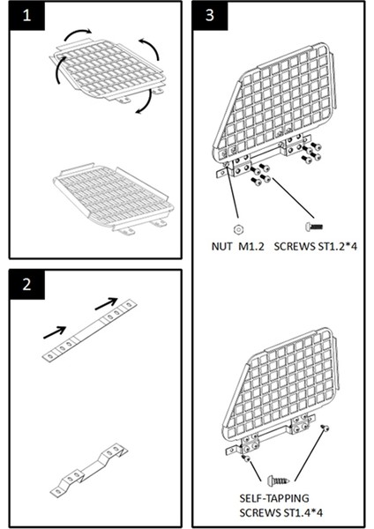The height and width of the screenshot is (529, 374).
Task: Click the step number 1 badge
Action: pyautogui.click(x=26, y=15)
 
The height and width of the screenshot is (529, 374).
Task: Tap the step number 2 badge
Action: pyautogui.click(x=26, y=284)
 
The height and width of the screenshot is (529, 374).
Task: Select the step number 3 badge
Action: pyautogui.click(x=210, y=15)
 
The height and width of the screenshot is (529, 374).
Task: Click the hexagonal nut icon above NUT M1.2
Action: pyautogui.click(x=238, y=229)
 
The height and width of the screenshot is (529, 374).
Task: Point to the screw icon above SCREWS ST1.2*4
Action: pyautogui.click(x=314, y=227)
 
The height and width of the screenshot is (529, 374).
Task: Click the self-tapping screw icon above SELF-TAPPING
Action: pyautogui.click(x=279, y=480)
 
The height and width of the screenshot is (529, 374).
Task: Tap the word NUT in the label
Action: pyautogui.click(x=221, y=246)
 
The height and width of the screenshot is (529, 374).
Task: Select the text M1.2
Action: pyautogui.click(x=251, y=246)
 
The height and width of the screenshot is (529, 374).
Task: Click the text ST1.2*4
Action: pyautogui.click(x=337, y=246)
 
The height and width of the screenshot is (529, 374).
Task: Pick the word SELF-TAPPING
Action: pyautogui.click(x=274, y=498)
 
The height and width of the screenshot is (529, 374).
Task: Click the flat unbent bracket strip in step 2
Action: pyautogui.click(x=89, y=331)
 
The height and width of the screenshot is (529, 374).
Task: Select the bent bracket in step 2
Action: pyautogui.click(x=89, y=470)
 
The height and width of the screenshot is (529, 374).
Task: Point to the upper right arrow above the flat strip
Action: pyautogui.click(x=107, y=303)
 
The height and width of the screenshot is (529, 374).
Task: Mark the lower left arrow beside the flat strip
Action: pyautogui.click(x=55, y=332)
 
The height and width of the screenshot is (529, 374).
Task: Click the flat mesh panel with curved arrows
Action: pyautogui.click(x=108, y=71)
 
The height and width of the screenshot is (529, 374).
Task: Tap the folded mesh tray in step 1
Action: pyautogui.click(x=114, y=198)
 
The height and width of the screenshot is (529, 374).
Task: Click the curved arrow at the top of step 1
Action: pyautogui.click(x=77, y=33)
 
